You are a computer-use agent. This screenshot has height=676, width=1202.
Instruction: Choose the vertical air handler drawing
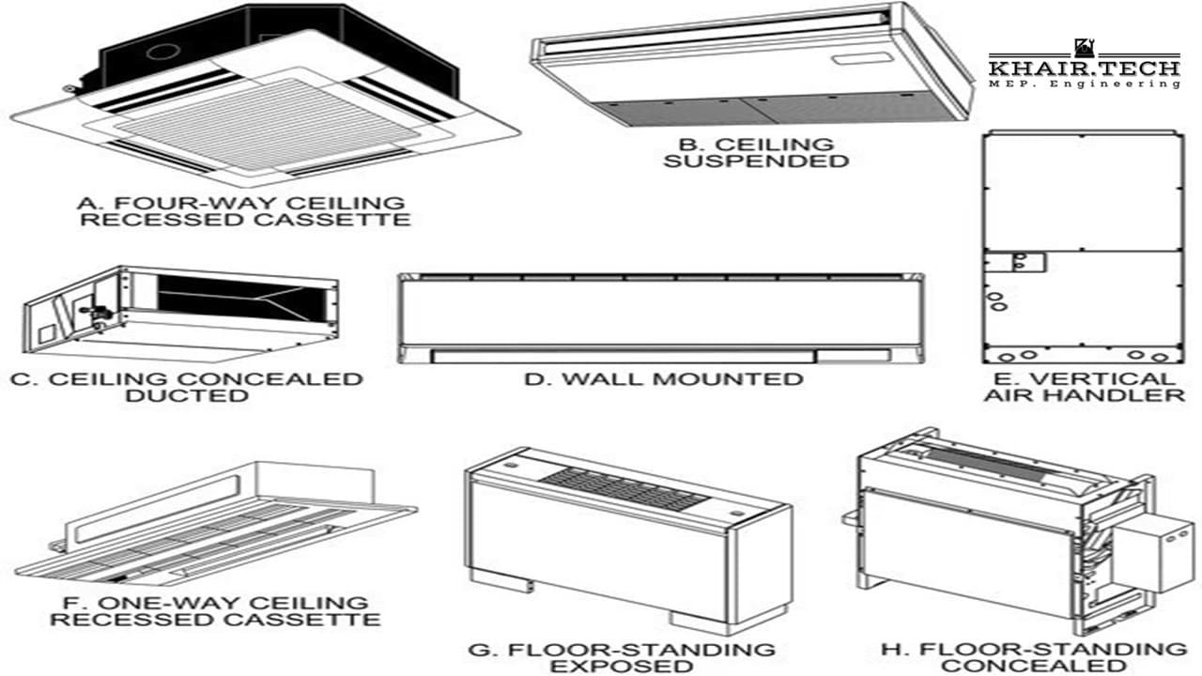[x=1080, y=246]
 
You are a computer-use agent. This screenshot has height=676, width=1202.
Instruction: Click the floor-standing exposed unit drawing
[x=627, y=535]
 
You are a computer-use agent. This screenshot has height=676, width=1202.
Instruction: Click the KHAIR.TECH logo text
[x=1084, y=69]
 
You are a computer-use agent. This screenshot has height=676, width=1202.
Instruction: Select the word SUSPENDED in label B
[x=756, y=161]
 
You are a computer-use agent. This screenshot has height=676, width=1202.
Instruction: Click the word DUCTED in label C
[x=187, y=396]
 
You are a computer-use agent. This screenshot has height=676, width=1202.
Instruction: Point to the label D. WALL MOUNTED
[x=664, y=379]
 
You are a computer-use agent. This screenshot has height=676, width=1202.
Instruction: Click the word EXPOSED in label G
[x=621, y=667]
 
